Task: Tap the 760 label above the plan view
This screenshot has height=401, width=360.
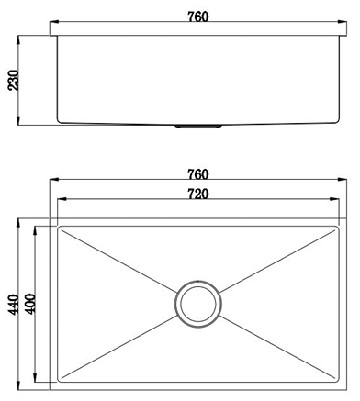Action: (x=197, y=174)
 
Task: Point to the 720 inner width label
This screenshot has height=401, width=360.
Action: (x=197, y=194)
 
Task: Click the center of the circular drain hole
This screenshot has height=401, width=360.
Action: (x=197, y=304)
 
